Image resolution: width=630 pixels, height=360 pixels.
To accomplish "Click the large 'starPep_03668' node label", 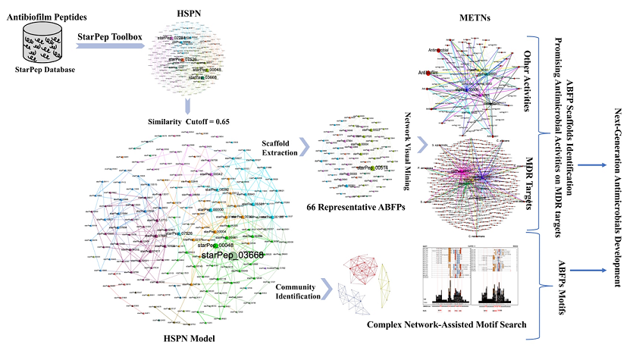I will point(232,255).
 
